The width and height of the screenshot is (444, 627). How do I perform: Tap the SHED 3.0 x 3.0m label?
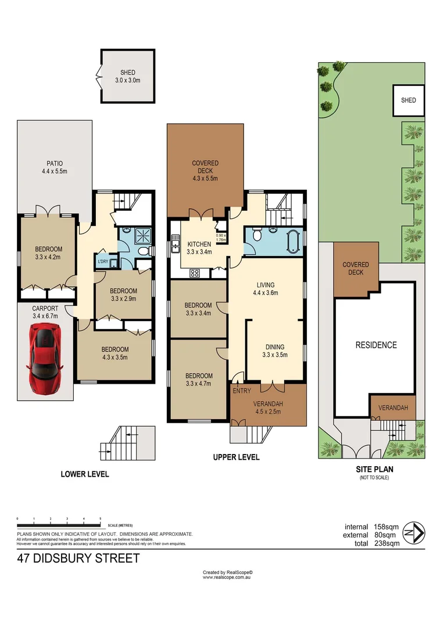pos(127,76)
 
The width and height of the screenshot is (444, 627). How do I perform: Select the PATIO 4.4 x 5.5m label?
pos(54,168)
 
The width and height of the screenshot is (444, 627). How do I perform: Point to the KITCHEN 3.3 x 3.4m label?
pos(198,248)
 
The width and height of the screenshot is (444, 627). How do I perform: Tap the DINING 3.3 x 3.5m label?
pos(275,351)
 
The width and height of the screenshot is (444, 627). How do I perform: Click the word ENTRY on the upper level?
pos(241,391)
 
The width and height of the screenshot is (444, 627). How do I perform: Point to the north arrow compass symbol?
pos(417,531)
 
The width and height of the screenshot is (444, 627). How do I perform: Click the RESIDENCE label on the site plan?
pos(375,345)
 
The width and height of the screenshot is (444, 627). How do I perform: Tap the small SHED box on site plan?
pos(409,100)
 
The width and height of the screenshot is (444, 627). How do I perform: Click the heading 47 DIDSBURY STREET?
pos(79,559)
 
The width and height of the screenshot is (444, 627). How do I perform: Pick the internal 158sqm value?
pos(372,527)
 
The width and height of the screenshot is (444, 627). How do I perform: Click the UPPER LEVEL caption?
pos(235,457)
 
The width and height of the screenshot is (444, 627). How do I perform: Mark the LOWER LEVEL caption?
pos(85,474)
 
